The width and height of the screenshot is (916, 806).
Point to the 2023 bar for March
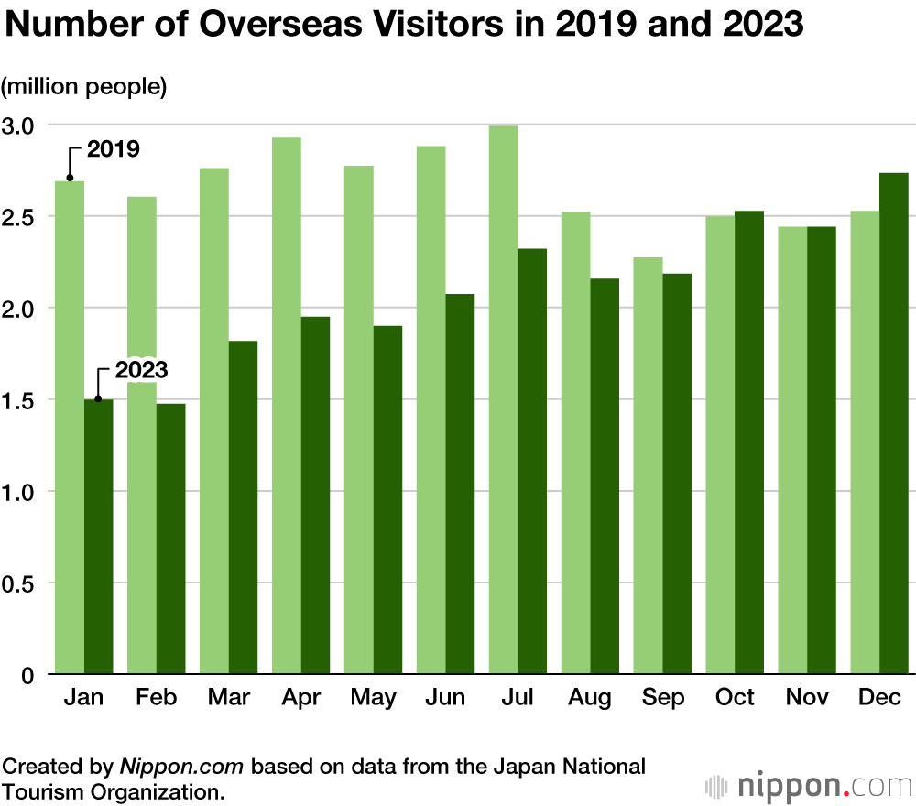tap(243, 507)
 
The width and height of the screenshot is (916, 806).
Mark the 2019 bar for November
tap(792, 450)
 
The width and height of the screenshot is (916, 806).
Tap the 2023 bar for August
tap(605, 476)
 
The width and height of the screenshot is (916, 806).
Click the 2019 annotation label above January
tap(113, 148)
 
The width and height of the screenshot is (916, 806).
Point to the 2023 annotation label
tap(141, 370)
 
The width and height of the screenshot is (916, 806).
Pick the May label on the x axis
tap(373, 698)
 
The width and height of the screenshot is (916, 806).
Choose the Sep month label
tap(662, 698)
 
